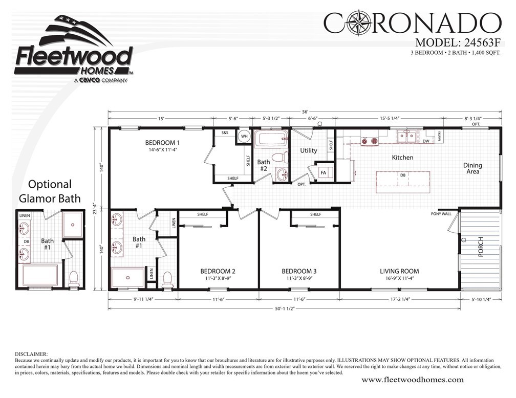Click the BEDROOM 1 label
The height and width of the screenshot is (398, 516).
162,142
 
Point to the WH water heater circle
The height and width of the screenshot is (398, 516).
244,137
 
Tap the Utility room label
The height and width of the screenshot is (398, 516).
309,150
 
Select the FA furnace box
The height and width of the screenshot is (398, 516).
324,173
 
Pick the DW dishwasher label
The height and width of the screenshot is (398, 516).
426,141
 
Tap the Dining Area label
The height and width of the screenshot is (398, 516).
472,169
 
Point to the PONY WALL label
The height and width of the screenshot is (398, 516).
441,214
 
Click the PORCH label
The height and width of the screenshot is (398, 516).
480,248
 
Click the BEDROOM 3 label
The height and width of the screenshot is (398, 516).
299,271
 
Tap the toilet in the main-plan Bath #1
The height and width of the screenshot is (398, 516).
167,279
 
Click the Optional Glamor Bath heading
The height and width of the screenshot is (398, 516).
50,191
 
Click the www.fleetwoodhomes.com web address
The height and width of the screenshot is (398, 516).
413,380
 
